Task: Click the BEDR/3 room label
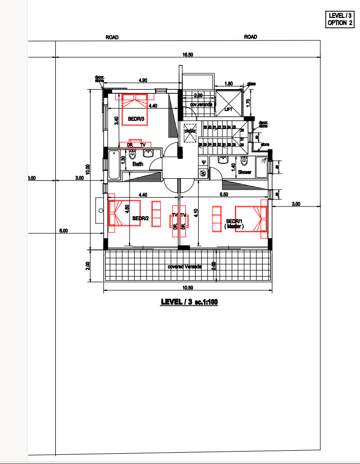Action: click(137, 119)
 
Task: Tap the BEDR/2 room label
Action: click(140, 218)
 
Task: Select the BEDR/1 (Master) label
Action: click(234, 223)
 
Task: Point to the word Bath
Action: click(138, 164)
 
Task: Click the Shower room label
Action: click(245, 172)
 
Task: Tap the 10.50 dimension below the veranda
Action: click(188, 288)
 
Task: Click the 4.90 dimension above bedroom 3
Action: click(143, 80)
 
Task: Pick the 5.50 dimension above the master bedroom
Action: click(224, 195)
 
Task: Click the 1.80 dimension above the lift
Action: click(229, 83)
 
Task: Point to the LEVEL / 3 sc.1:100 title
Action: click(189, 302)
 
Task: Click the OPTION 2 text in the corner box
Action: click(341, 23)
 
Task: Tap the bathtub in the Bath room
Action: click(114, 164)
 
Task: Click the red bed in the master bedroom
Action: click(251, 219)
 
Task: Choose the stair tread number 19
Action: click(205, 127)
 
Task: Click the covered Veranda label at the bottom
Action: click(185, 267)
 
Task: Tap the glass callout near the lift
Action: click(251, 83)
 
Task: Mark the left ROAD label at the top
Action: click(112, 37)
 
